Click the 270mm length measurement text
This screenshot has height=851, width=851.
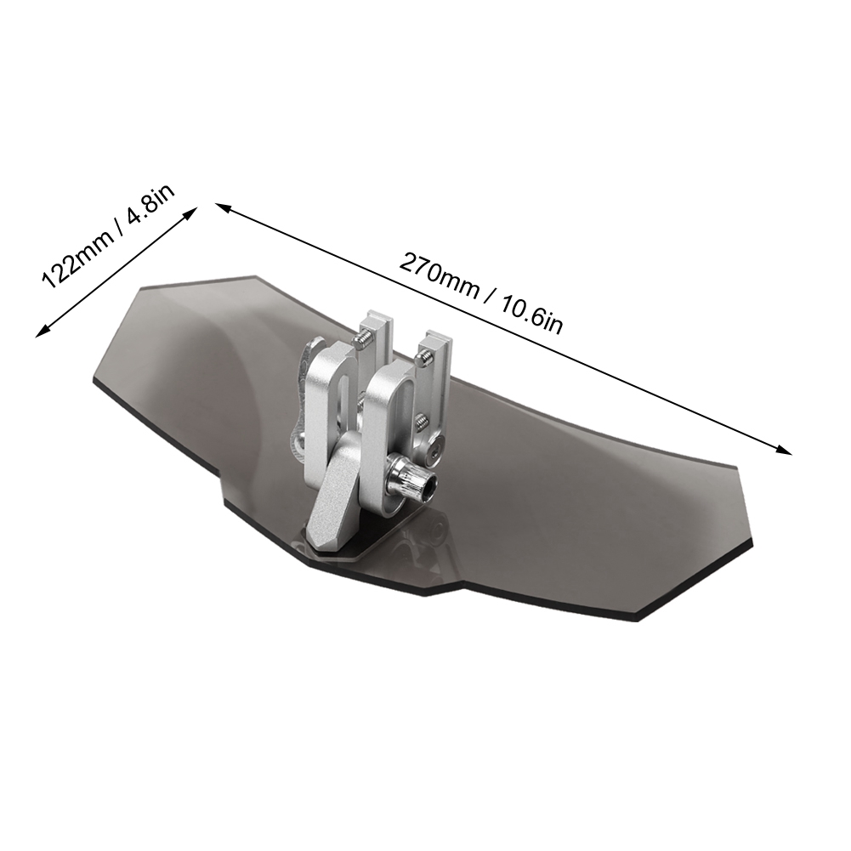440,275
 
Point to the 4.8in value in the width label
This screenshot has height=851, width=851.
150,203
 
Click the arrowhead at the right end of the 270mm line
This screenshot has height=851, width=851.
783,450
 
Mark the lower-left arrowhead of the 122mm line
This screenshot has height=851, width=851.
43,331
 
